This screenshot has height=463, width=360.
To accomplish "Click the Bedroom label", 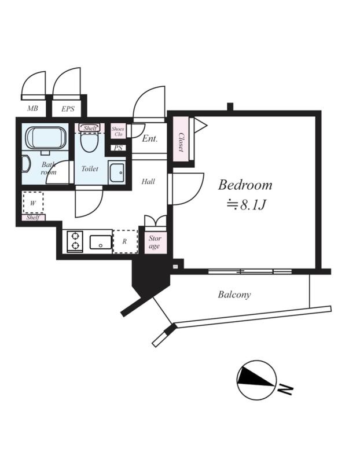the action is pyautogui.click(x=245, y=185).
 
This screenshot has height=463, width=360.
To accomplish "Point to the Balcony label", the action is pyautogui.click(x=234, y=295).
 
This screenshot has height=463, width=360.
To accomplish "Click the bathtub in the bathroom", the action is pyautogui.click(x=46, y=138).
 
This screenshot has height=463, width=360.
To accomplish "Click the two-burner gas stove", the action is pyautogui.click(x=75, y=241).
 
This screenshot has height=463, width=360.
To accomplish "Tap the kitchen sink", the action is pyautogui.click(x=101, y=242).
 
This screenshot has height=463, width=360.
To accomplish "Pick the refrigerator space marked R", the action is pyautogui.click(x=125, y=241).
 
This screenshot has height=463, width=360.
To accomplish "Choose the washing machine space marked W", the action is pyautogui.click(x=33, y=203).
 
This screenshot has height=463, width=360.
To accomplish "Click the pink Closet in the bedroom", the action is pyautogui.click(x=181, y=139).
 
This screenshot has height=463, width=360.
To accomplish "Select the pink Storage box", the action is pyautogui.click(x=155, y=242).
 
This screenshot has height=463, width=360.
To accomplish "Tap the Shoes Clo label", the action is pyautogui.click(x=118, y=131).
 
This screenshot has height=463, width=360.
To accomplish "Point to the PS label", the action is pyautogui.click(x=118, y=148).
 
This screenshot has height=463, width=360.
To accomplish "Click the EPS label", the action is pyautogui.click(x=68, y=109).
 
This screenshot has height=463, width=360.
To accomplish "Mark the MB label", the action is pyautogui.click(x=32, y=108).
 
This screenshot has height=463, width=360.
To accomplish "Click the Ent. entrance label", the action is pyautogui.click(x=150, y=138).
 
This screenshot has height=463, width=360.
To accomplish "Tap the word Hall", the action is pyautogui.click(x=148, y=181).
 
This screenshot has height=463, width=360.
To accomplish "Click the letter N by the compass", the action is pyautogui.click(x=285, y=389).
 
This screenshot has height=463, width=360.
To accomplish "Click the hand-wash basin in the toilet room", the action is pyautogui.click(x=116, y=172).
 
